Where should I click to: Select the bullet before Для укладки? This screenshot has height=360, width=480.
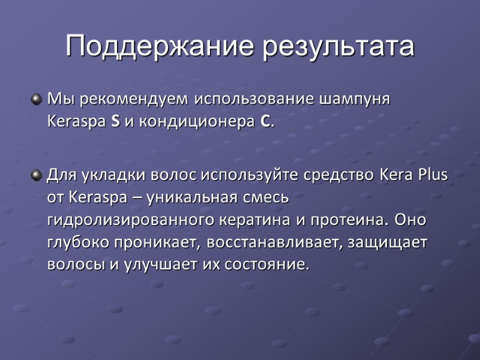pos(37,175)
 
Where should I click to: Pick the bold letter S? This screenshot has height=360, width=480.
pos(115,122)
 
